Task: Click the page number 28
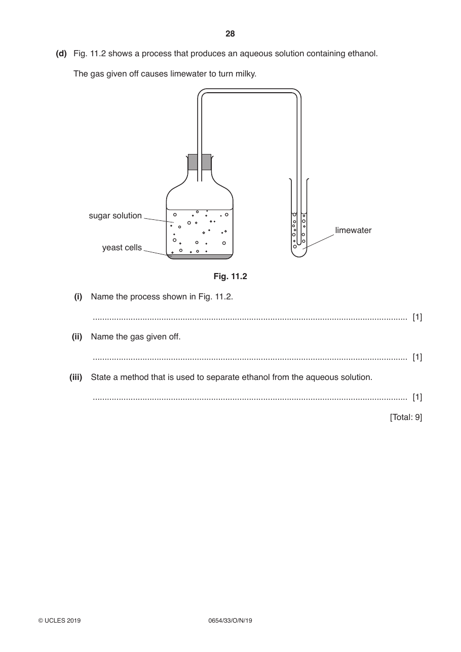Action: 230,34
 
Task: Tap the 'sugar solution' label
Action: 116,216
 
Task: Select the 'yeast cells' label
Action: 122,247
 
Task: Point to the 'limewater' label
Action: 353,230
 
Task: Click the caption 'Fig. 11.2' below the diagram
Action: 230,276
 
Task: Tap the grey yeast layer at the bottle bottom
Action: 200,256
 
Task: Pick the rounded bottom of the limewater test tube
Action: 299,254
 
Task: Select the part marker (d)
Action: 61,54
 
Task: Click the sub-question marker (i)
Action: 78,296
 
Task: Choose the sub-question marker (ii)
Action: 77,337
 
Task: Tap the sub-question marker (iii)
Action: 75,377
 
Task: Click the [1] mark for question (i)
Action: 417,317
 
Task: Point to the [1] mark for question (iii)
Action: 417,397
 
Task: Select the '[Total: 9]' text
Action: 406,417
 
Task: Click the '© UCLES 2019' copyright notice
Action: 59,621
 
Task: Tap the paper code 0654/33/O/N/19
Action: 230,621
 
